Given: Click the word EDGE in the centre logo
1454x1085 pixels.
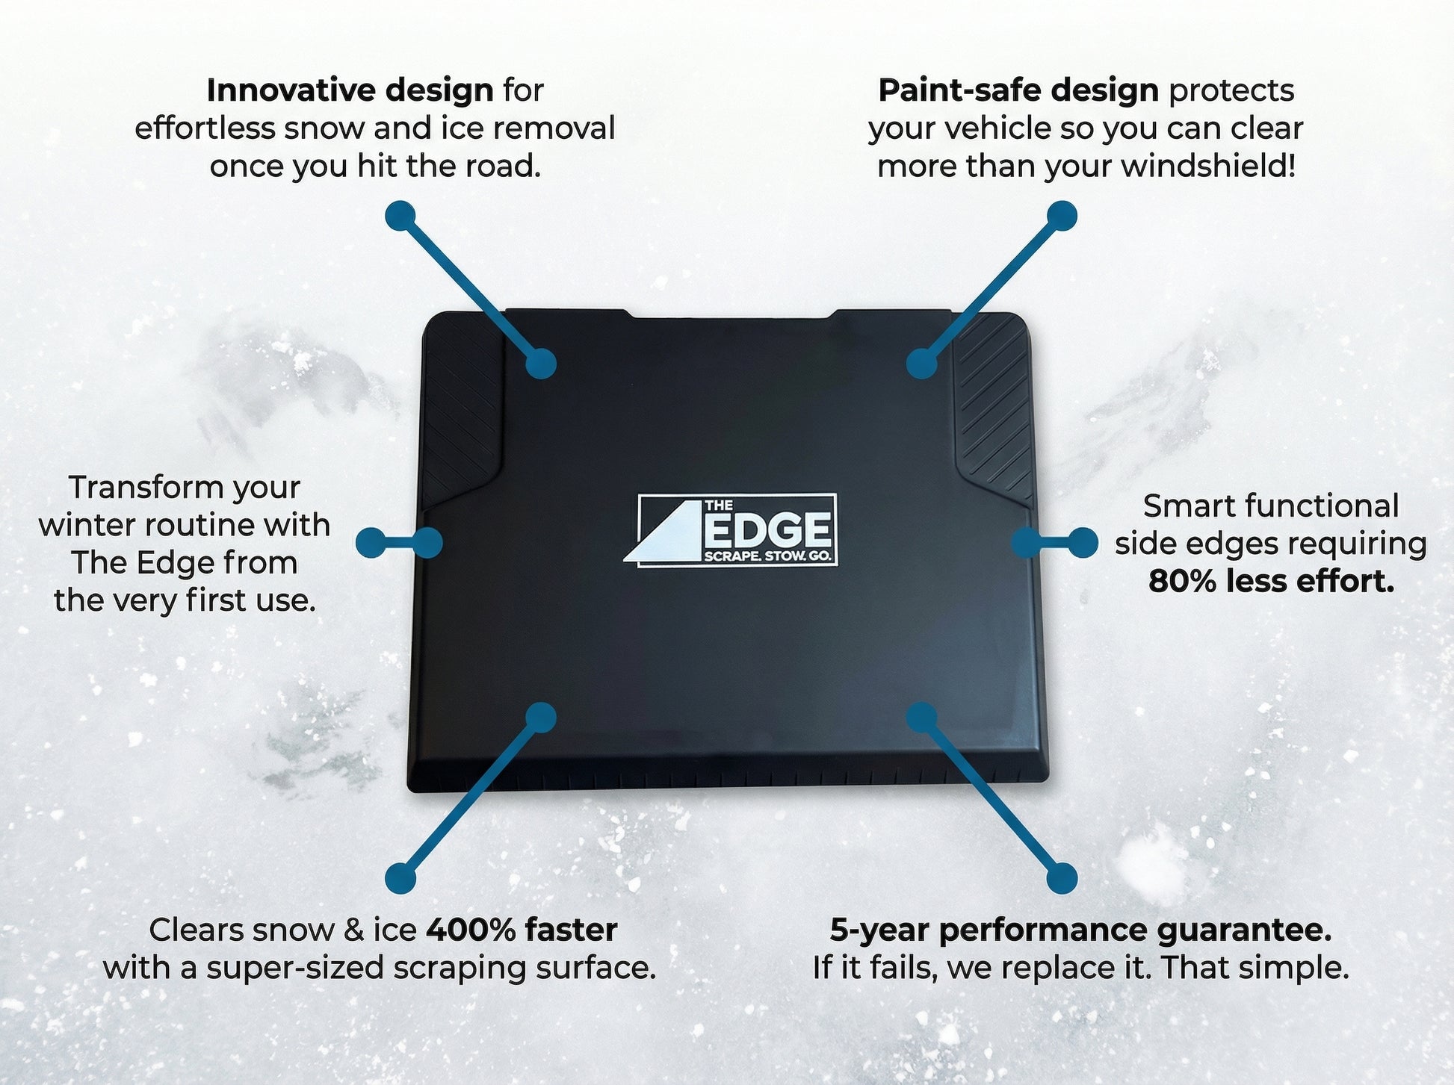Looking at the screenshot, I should tap(768, 531).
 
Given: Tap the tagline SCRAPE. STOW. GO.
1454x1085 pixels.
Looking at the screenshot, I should tap(767, 557).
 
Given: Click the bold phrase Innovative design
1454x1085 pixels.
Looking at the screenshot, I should tap(350, 90).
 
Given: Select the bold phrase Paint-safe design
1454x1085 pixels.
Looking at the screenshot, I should tap(1018, 90).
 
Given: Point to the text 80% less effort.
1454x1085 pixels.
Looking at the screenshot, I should tap(1271, 582).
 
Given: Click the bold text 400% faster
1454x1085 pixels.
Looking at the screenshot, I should tap(522, 930).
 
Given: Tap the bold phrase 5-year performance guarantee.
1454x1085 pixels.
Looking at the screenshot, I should tap(1080, 930).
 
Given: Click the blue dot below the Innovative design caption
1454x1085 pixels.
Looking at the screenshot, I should tap(400, 216).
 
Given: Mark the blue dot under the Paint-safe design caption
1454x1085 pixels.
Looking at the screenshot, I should tap(1062, 216).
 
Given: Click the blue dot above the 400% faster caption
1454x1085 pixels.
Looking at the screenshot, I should tap(400, 878).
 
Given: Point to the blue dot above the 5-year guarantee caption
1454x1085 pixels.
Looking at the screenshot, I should tap(1062, 878).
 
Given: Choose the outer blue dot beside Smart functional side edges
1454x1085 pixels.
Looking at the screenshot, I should tap(1083, 543).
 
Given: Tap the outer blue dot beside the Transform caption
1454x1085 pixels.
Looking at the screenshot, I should tap(371, 543).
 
